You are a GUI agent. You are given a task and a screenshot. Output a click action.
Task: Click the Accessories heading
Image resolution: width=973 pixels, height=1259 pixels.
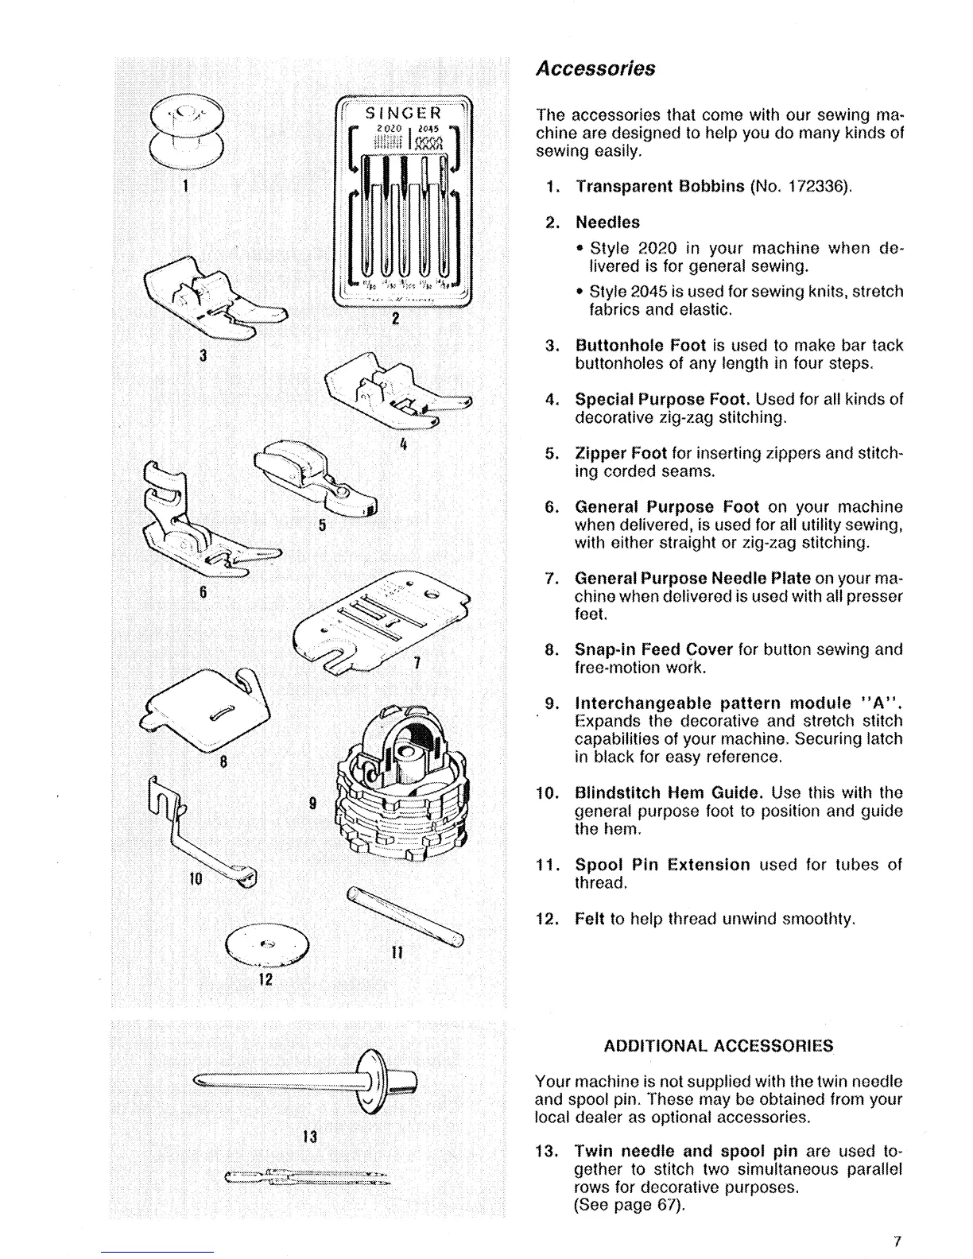(595, 68)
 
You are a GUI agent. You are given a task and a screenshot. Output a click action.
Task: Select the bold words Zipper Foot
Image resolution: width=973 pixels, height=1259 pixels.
(620, 454)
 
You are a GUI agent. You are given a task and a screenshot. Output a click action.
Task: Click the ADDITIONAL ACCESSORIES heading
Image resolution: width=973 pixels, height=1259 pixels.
(719, 1045)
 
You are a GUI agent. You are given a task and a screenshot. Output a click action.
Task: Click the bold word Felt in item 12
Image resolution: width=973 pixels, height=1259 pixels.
(590, 919)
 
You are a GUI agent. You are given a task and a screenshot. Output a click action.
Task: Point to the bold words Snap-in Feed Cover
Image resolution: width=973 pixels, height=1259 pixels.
(653, 649)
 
